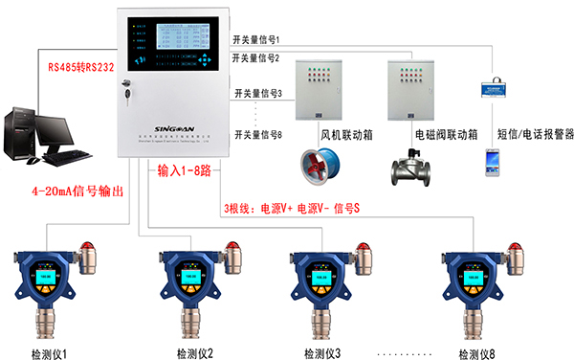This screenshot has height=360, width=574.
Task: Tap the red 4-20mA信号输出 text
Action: tap(78, 191)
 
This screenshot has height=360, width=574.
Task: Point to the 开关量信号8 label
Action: tap(260, 135)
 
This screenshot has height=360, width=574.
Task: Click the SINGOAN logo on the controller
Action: tap(181, 126)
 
